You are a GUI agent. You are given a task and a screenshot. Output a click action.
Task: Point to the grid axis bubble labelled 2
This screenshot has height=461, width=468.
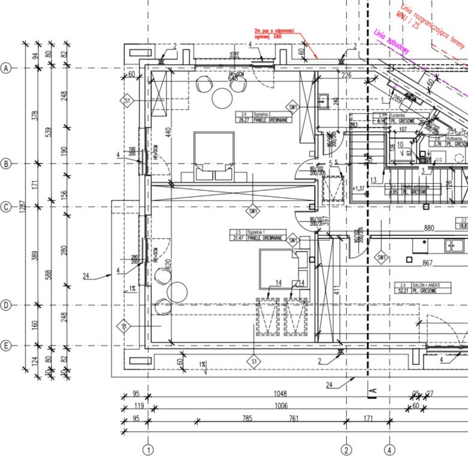click(x=346, y=449)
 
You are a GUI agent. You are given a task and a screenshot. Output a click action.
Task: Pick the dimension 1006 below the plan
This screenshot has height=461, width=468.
click(x=281, y=406)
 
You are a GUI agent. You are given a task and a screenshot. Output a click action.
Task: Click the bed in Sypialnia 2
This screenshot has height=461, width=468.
click(x=213, y=155)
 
